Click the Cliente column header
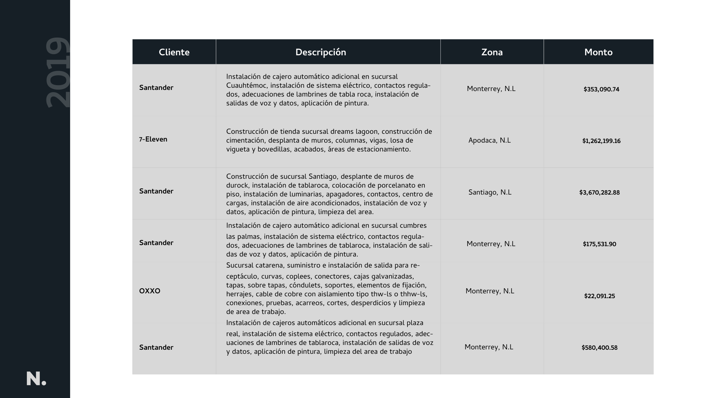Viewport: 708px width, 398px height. (x=174, y=52)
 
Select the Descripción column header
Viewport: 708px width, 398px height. (x=320, y=52)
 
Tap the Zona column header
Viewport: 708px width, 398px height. (x=492, y=52)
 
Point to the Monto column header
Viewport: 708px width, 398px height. (x=598, y=52)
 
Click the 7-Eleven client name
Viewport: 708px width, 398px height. (x=153, y=140)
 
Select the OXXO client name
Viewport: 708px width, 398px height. (x=150, y=291)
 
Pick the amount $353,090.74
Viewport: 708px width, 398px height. (x=601, y=90)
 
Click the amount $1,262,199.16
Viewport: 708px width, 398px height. (x=601, y=141)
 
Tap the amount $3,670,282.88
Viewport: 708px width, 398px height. (x=599, y=193)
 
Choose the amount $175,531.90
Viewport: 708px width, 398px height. (x=599, y=244)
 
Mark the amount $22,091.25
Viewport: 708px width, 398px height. (x=599, y=296)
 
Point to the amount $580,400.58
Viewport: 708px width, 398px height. (x=599, y=348)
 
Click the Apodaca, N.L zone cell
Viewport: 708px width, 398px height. (x=489, y=141)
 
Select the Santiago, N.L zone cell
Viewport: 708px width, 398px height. (x=490, y=193)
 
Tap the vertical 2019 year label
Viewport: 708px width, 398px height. (x=58, y=73)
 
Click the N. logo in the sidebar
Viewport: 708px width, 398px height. (x=36, y=379)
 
